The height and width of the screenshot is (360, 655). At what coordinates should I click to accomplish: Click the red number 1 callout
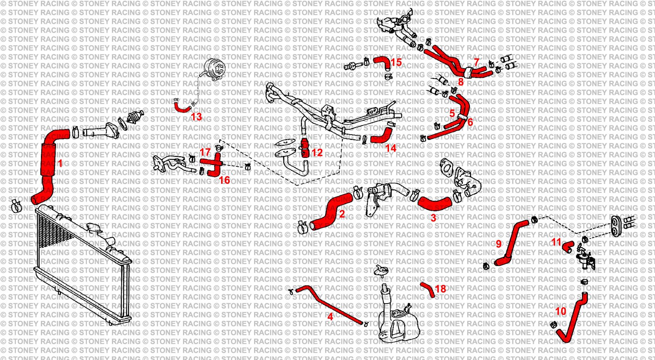point(60,163)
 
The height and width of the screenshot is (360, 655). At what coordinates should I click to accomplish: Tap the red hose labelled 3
point(434,204)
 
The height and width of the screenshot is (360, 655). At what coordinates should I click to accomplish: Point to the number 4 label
point(330,317)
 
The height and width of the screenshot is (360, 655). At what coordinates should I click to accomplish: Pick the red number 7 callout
point(476,62)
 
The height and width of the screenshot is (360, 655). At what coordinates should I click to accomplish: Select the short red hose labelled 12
point(305,148)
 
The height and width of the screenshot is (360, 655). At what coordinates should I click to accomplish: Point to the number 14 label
point(391,148)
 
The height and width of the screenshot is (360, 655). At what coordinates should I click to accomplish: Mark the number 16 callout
point(224,180)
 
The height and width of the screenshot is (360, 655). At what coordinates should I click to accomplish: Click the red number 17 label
point(205,152)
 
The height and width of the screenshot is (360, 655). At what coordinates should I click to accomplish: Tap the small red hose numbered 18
point(428,289)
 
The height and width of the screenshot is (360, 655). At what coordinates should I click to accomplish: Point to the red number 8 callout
point(460,82)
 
